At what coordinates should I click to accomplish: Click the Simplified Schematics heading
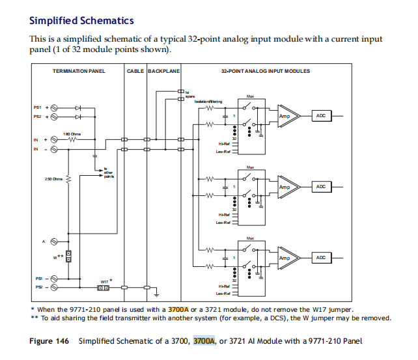(x=81, y=21)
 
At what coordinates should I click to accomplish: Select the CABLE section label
(x=135, y=71)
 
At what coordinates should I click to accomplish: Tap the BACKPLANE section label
(x=163, y=71)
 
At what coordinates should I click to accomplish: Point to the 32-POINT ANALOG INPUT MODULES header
(x=265, y=71)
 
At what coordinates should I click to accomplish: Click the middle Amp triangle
(x=286, y=187)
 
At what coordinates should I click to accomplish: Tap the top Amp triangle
(x=286, y=116)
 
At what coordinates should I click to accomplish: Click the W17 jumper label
(x=104, y=281)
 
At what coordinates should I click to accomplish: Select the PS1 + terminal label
(x=40, y=107)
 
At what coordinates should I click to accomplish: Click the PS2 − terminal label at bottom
(x=40, y=287)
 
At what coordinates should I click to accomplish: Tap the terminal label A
(x=44, y=242)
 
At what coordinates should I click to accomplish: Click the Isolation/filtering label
(x=208, y=102)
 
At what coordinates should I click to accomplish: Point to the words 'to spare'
(x=190, y=94)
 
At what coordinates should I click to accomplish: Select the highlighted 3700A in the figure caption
(x=204, y=340)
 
